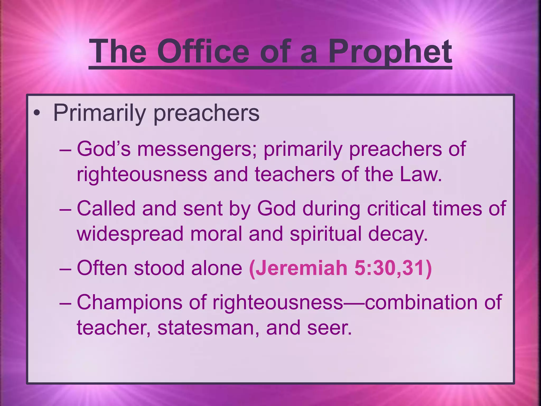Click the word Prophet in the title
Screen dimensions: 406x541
[x=390, y=52]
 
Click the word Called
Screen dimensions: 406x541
[x=106, y=209]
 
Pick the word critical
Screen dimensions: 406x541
[x=396, y=209]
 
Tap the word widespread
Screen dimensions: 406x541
[x=130, y=234]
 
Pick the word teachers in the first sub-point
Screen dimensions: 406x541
[x=295, y=174]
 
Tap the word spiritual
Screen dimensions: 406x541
[x=325, y=234]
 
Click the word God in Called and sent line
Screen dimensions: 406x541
[x=276, y=209]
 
